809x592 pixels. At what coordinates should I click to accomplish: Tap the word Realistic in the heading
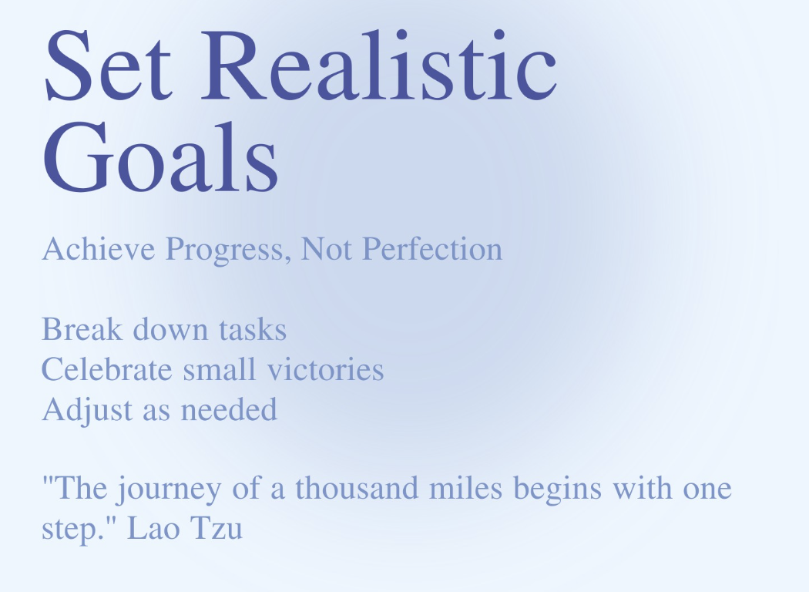pyautogui.click(x=379, y=65)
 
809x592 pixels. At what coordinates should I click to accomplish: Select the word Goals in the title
pyautogui.click(x=161, y=157)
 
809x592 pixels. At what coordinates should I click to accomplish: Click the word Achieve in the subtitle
pyautogui.click(x=99, y=249)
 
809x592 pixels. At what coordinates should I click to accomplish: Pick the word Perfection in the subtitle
pyautogui.click(x=432, y=249)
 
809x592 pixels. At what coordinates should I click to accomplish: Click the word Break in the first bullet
pyautogui.click(x=82, y=329)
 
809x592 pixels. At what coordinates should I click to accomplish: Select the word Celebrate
pyautogui.click(x=107, y=369)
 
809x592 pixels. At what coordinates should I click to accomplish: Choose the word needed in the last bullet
pyautogui.click(x=229, y=410)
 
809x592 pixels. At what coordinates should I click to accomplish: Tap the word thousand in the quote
pyautogui.click(x=357, y=488)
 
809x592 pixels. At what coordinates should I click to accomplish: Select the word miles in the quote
pyautogui.click(x=466, y=488)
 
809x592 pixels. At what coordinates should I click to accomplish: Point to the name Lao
pyautogui.click(x=153, y=529)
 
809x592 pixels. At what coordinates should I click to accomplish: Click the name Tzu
pyautogui.click(x=217, y=529)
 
